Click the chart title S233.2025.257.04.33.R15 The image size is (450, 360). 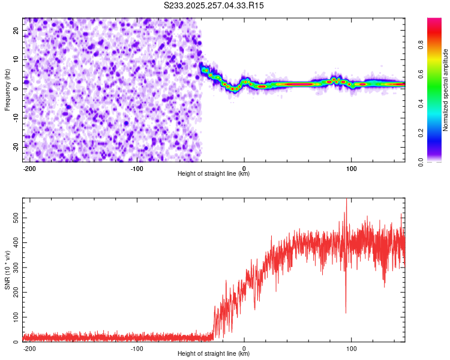(214, 5)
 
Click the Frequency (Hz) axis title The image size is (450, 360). (7, 90)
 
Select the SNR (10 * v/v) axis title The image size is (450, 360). (7, 270)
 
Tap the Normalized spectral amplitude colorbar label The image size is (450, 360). (445, 90)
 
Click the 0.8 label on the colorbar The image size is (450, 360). (421, 44)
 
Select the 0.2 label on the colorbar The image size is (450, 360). (421, 132)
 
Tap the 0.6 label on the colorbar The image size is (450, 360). (421, 73)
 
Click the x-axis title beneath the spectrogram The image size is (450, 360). (214, 174)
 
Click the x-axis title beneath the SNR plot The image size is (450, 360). (214, 354)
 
